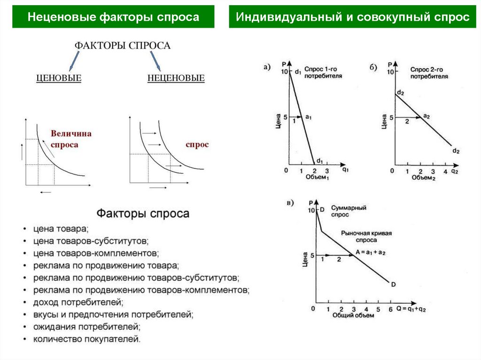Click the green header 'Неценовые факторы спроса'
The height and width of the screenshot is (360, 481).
113,17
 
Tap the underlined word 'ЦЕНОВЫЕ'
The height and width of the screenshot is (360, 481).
59,78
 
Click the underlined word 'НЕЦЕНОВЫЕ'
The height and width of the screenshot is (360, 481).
176,78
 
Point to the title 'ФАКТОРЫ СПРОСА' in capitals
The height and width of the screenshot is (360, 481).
123,46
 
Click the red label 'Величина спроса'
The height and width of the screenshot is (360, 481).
71,139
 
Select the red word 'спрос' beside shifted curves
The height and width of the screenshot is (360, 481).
197,145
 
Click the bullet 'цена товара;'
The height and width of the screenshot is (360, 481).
61,229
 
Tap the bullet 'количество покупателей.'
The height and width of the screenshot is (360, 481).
87,338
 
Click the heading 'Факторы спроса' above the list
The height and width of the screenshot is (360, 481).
143,214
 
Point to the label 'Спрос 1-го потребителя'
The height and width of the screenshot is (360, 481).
323,72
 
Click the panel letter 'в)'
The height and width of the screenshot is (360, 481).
290,203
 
